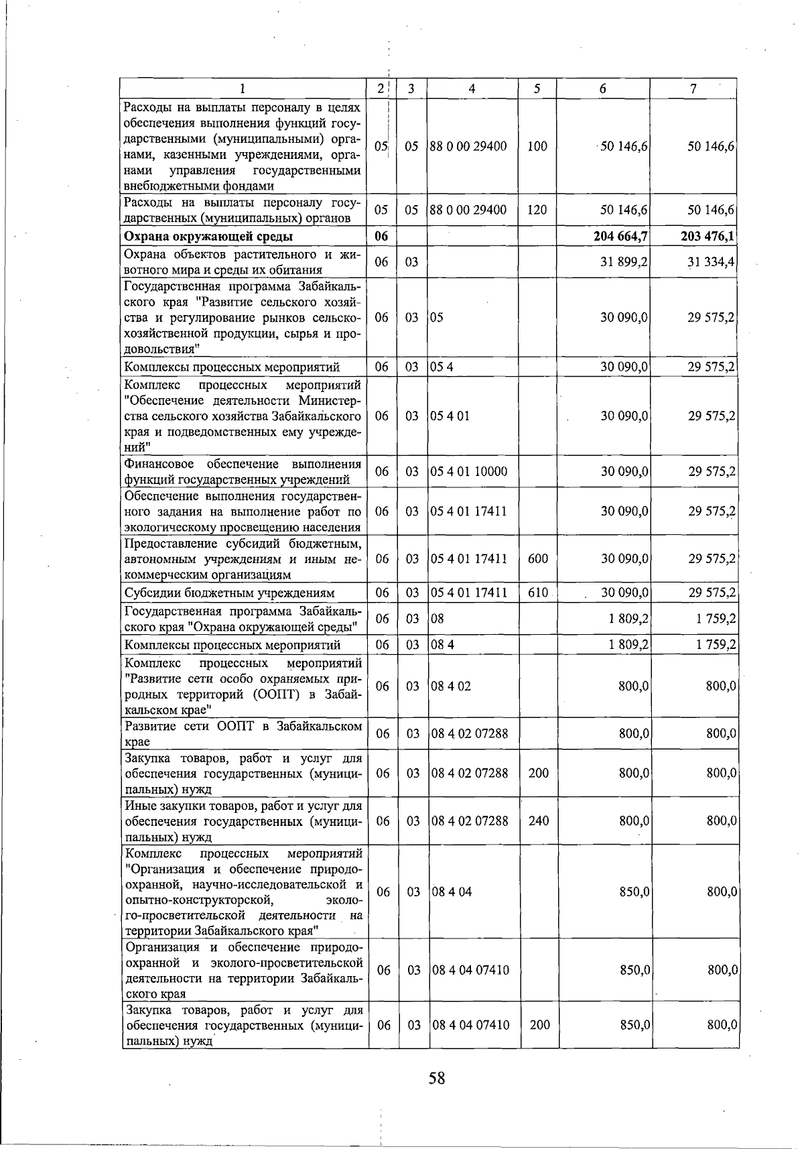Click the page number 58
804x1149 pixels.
point(437,1078)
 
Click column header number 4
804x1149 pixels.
point(472,88)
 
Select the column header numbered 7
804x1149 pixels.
point(693,88)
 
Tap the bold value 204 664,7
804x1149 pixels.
point(620,236)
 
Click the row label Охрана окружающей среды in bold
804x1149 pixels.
point(208,236)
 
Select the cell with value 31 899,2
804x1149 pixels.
point(624,261)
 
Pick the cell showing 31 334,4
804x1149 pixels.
point(711,261)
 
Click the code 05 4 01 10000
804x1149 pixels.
point(469,471)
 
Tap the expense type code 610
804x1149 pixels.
point(537,593)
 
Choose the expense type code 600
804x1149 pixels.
point(537,558)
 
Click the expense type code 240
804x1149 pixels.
point(538,821)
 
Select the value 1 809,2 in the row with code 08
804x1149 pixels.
point(628,618)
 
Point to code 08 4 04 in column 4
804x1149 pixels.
point(452,892)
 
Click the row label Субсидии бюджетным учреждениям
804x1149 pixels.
point(230,593)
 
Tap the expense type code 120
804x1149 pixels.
point(537,210)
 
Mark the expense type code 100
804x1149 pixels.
point(537,146)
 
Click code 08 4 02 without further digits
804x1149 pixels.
point(451,686)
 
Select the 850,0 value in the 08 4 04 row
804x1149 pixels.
point(633,892)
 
